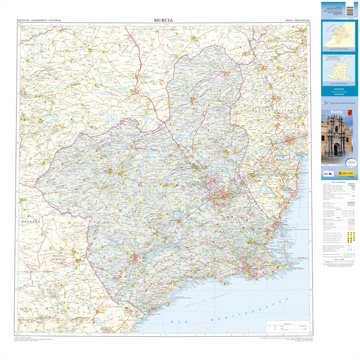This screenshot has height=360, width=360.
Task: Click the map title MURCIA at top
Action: (164, 20)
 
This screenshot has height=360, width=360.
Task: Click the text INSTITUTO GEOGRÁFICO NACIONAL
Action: (39, 20)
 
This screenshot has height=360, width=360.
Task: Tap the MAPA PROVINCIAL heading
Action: (297, 20)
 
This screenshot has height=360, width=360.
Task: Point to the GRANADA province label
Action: (30, 221)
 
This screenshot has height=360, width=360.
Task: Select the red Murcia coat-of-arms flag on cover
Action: (350, 112)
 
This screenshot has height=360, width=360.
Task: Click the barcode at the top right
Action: (349, 9)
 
